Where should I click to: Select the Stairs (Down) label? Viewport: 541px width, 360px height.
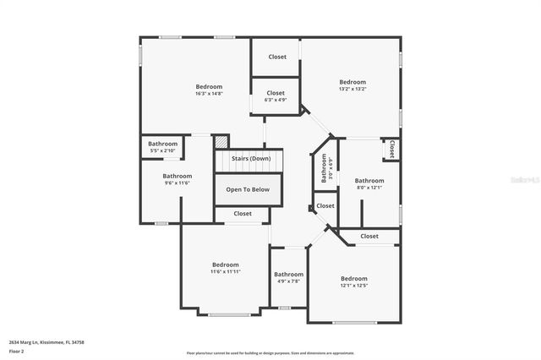tap(251, 159)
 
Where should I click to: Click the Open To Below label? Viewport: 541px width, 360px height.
tap(248, 189)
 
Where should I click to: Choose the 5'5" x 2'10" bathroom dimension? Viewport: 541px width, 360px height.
tap(163, 151)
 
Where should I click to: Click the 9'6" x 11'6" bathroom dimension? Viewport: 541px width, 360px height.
tap(177, 183)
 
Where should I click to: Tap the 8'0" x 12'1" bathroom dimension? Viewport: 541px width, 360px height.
tap(369, 188)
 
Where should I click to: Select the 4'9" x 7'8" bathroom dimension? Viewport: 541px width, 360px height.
tap(288, 281)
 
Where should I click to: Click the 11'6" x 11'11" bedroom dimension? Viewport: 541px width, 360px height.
tap(226, 272)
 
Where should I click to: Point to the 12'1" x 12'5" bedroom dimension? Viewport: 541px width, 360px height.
tap(354, 286)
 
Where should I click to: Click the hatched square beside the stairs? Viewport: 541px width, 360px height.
tap(221, 142)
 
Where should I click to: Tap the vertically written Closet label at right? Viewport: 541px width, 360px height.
tap(391, 149)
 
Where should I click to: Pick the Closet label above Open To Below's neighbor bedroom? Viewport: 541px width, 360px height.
tap(243, 214)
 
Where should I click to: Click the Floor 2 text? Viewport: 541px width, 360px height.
tap(16, 351)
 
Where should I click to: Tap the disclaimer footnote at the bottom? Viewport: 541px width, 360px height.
tap(270, 353)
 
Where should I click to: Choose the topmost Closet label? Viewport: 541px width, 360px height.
tap(277, 57)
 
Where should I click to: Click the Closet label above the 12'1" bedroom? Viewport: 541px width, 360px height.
tap(369, 237)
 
